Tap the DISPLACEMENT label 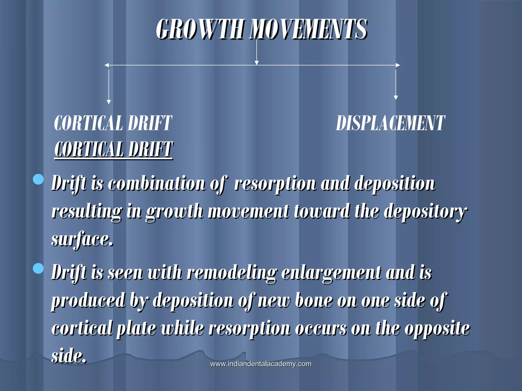pyautogui.click(x=390, y=123)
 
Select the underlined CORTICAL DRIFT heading pyautogui.click(x=113, y=150)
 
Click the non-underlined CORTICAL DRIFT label pyautogui.click(x=113, y=123)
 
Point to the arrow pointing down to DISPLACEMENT pyautogui.click(x=396, y=84)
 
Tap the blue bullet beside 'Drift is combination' pyautogui.click(x=38, y=179)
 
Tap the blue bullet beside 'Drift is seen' pyautogui.click(x=38, y=269)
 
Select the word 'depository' pyautogui.click(x=425, y=212)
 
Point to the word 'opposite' pyautogui.click(x=437, y=328)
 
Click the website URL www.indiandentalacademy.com pyautogui.click(x=261, y=364)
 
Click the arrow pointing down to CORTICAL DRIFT pyautogui.click(x=109, y=87)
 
